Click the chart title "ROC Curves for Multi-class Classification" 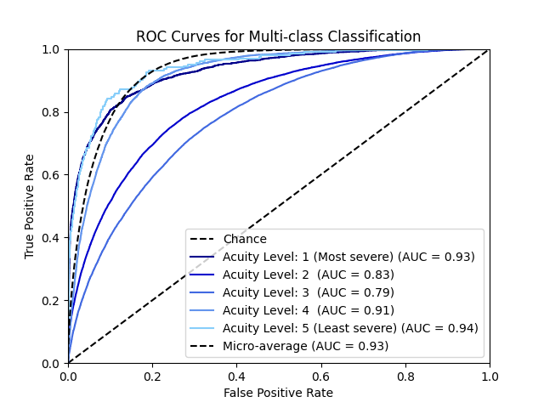coord(279,37)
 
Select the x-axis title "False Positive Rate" coord(279,393)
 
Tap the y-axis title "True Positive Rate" coord(30,207)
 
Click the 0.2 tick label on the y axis coord(52,301)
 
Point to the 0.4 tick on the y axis coord(52,238)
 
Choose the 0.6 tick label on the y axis coord(52,175)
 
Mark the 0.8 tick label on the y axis coord(52,112)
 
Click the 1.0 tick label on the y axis coord(52,49)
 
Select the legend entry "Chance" coord(245,240)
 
